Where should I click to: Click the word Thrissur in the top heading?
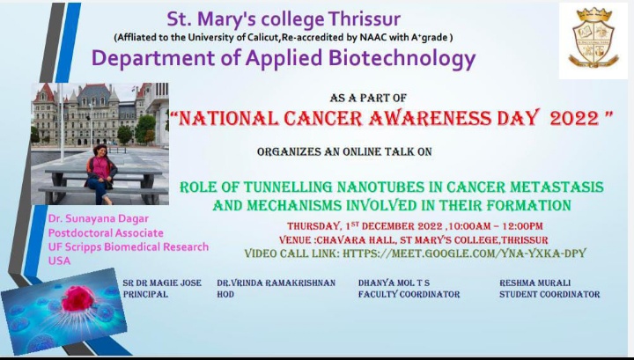pos(364,19)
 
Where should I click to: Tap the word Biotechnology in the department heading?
pos(402,58)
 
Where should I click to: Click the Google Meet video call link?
pos(464,253)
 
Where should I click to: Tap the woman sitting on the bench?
pos(100,173)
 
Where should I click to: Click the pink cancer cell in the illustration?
pos(78,298)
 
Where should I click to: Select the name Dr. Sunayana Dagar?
pos(99,218)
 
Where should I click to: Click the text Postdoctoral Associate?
pos(106,232)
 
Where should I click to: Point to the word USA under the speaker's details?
pos(60,261)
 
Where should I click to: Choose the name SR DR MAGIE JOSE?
pos(162,283)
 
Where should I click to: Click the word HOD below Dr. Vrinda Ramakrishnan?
pos(225,294)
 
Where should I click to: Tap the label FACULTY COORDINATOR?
pos(409,294)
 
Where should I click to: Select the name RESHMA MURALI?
pos(535,283)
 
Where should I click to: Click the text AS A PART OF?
pos(368,98)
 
